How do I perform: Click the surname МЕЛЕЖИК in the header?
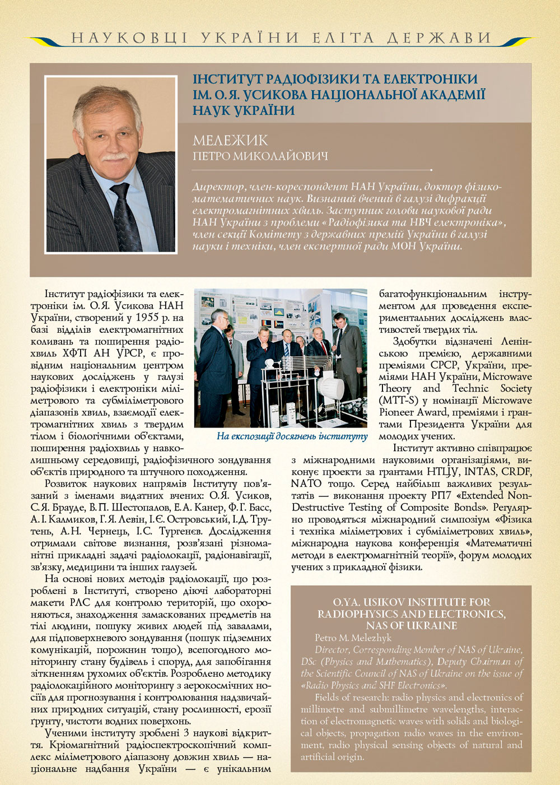click(230, 140)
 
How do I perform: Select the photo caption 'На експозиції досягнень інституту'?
click(292, 436)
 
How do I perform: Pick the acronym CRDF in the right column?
click(516, 472)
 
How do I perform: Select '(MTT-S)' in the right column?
click(398, 401)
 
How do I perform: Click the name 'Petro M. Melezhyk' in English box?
click(353, 638)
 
